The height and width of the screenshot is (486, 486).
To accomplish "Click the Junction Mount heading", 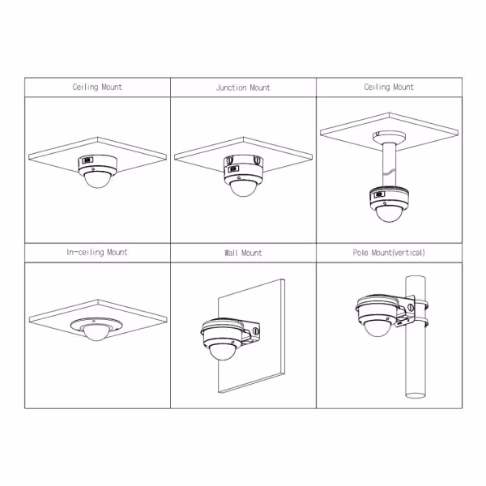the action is point(243,87).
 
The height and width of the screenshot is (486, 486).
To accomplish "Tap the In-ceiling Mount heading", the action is point(97,252).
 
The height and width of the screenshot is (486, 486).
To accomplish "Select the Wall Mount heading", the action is point(243,253).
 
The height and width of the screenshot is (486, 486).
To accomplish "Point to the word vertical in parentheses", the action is point(408,253).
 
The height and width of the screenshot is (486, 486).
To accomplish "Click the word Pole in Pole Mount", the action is point(360,253).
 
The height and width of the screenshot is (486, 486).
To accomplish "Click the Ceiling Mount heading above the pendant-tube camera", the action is point(389,87).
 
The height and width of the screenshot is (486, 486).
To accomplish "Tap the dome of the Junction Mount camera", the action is point(244,188).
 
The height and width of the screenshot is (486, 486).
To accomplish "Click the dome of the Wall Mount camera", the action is point(222,352).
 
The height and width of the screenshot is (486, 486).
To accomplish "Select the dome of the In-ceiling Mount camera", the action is point(96,333).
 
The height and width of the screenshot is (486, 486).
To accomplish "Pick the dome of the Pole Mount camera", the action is point(377,328).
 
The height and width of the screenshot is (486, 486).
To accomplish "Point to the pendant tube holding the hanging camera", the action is point(389,164).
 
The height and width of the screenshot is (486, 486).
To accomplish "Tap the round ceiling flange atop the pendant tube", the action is point(389,136).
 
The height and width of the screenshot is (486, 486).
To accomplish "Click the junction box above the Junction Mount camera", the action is point(243,161).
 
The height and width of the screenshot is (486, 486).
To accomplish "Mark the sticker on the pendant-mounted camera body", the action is point(379,195).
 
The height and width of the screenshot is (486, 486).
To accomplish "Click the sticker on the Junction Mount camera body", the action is point(234,169).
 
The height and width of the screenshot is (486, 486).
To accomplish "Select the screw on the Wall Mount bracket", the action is point(256,331).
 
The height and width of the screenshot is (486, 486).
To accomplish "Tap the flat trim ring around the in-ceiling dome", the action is point(96,325).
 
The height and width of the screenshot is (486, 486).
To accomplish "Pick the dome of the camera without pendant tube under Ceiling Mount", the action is point(97,180).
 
